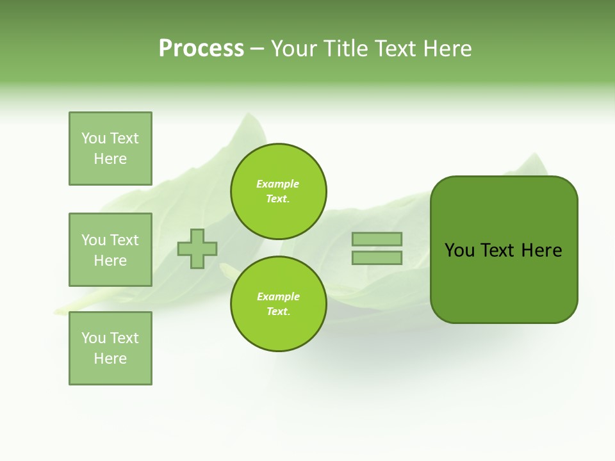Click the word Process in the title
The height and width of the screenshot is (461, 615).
[x=201, y=49]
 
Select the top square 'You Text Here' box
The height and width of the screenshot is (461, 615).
[x=110, y=149]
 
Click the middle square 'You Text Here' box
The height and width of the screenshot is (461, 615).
[x=110, y=250]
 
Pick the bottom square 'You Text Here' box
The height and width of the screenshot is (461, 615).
[x=110, y=348]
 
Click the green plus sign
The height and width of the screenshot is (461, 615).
[x=197, y=248]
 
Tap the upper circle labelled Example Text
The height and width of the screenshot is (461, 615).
[x=279, y=191]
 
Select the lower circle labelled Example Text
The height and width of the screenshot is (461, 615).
[x=279, y=304]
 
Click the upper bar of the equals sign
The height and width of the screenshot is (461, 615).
[x=377, y=239]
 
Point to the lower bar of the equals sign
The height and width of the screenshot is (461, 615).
[x=377, y=257]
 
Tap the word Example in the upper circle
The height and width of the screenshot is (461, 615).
[x=278, y=184]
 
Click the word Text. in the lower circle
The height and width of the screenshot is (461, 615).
[x=278, y=312]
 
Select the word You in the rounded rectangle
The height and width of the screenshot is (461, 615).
[x=459, y=250]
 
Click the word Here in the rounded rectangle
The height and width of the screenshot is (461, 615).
[x=541, y=250]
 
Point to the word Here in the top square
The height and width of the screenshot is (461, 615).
[x=110, y=159]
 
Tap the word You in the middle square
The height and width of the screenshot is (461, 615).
[x=94, y=240]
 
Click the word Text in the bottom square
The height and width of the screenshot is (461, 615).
[x=124, y=338]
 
